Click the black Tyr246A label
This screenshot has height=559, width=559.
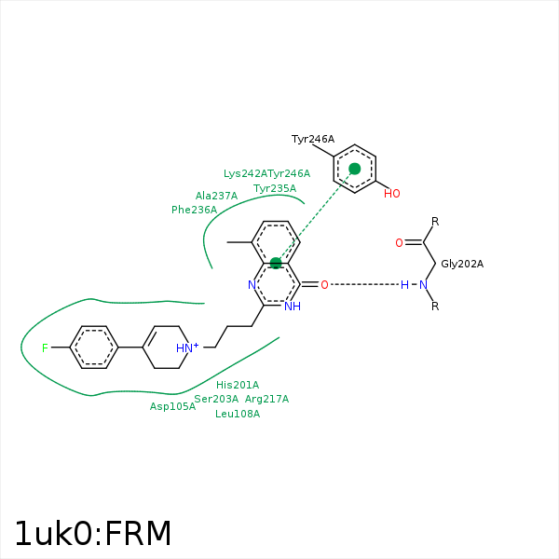[x=312, y=139]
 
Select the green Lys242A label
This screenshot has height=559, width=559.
[x=245, y=173]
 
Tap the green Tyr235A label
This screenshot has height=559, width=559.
[x=275, y=188]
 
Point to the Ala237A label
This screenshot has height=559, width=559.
[x=216, y=196]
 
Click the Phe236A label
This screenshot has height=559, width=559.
[x=194, y=210]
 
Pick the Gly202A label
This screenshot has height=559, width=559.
[x=462, y=264]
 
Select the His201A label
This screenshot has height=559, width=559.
[x=238, y=385]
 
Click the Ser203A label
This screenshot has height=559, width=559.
[x=216, y=399]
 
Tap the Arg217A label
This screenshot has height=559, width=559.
[x=266, y=399]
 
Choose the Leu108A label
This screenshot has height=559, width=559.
[x=238, y=414]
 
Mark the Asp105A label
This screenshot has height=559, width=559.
[x=173, y=406]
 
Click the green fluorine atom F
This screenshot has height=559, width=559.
[x=44, y=348]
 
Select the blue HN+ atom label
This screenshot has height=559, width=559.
[x=187, y=348]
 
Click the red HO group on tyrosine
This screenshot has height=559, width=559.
[x=391, y=194]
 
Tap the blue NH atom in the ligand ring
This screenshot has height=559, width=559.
[x=293, y=306]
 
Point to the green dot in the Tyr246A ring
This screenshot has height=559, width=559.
[x=355, y=169]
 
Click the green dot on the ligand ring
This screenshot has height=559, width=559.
[x=276, y=264]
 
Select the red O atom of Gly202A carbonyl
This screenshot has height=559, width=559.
[x=399, y=243]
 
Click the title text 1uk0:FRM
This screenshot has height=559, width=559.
[x=93, y=534]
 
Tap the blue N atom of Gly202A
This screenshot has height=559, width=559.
[x=422, y=284]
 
